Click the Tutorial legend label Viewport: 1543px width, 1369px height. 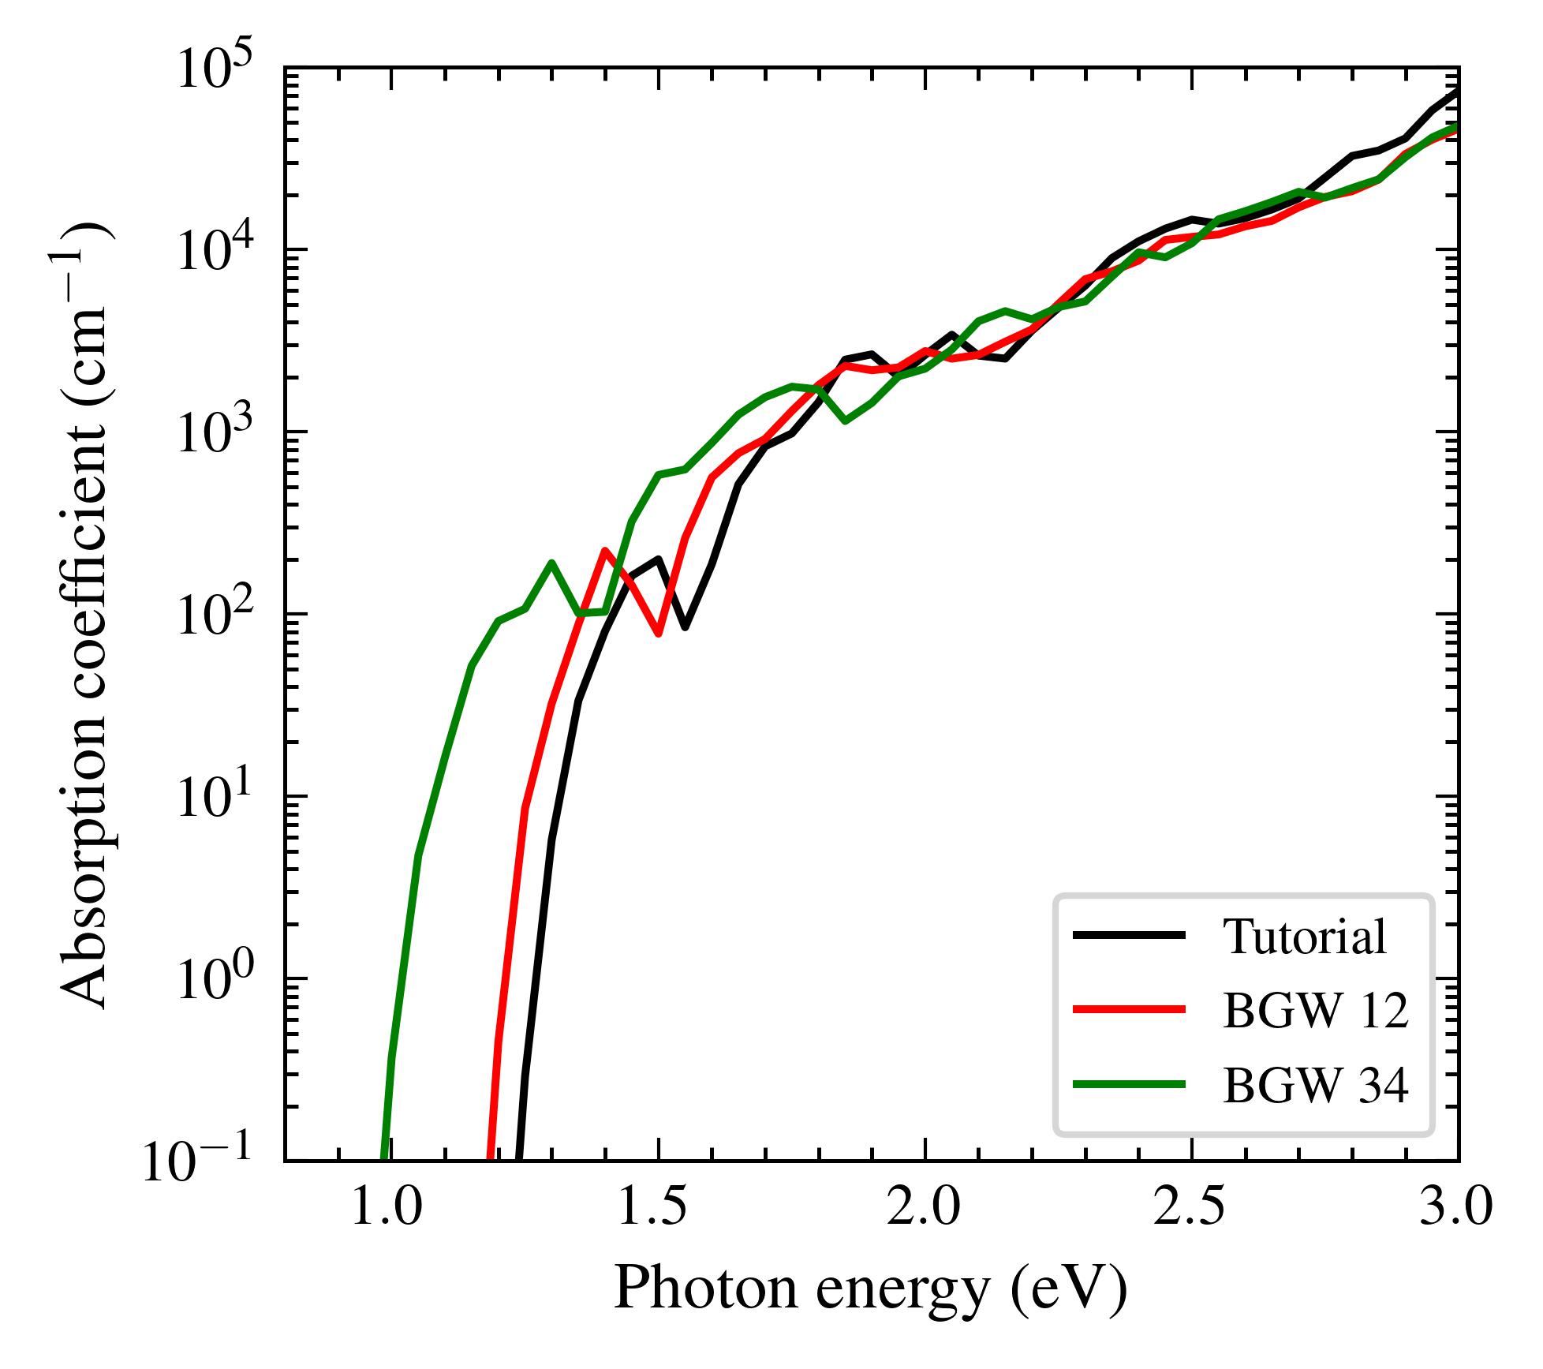point(1304,938)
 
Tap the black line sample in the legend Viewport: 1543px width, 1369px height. point(1129,936)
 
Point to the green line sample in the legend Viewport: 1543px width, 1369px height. point(1129,1084)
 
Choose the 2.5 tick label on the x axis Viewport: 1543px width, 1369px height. point(1190,1209)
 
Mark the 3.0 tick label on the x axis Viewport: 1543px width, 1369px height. point(1456,1209)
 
